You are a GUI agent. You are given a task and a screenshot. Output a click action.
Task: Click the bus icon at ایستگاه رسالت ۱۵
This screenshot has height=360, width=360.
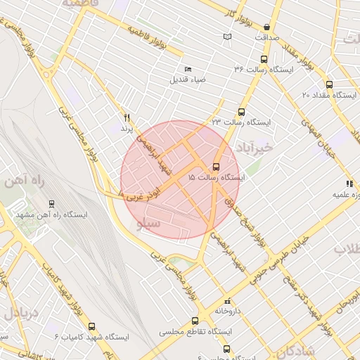(215, 167)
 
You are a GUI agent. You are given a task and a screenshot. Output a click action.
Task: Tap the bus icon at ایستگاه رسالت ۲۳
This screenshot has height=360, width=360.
(242, 111)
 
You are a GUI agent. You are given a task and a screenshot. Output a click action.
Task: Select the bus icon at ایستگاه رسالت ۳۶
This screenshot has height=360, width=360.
(264, 59)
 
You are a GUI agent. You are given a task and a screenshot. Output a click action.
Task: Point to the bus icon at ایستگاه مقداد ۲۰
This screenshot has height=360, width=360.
(329, 84)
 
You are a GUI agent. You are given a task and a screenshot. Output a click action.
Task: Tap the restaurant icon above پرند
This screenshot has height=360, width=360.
(127, 117)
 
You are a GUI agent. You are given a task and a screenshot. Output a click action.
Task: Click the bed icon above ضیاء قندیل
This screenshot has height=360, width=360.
(187, 69)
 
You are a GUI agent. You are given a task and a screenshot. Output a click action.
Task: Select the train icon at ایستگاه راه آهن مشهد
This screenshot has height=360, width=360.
(52, 205)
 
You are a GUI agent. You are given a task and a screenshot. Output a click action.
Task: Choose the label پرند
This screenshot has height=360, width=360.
(126, 129)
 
